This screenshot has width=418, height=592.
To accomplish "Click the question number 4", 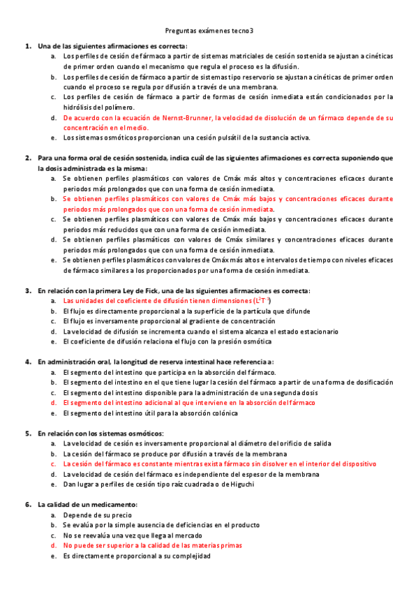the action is [27, 362].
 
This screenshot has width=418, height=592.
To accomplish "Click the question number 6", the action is [27, 504].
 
